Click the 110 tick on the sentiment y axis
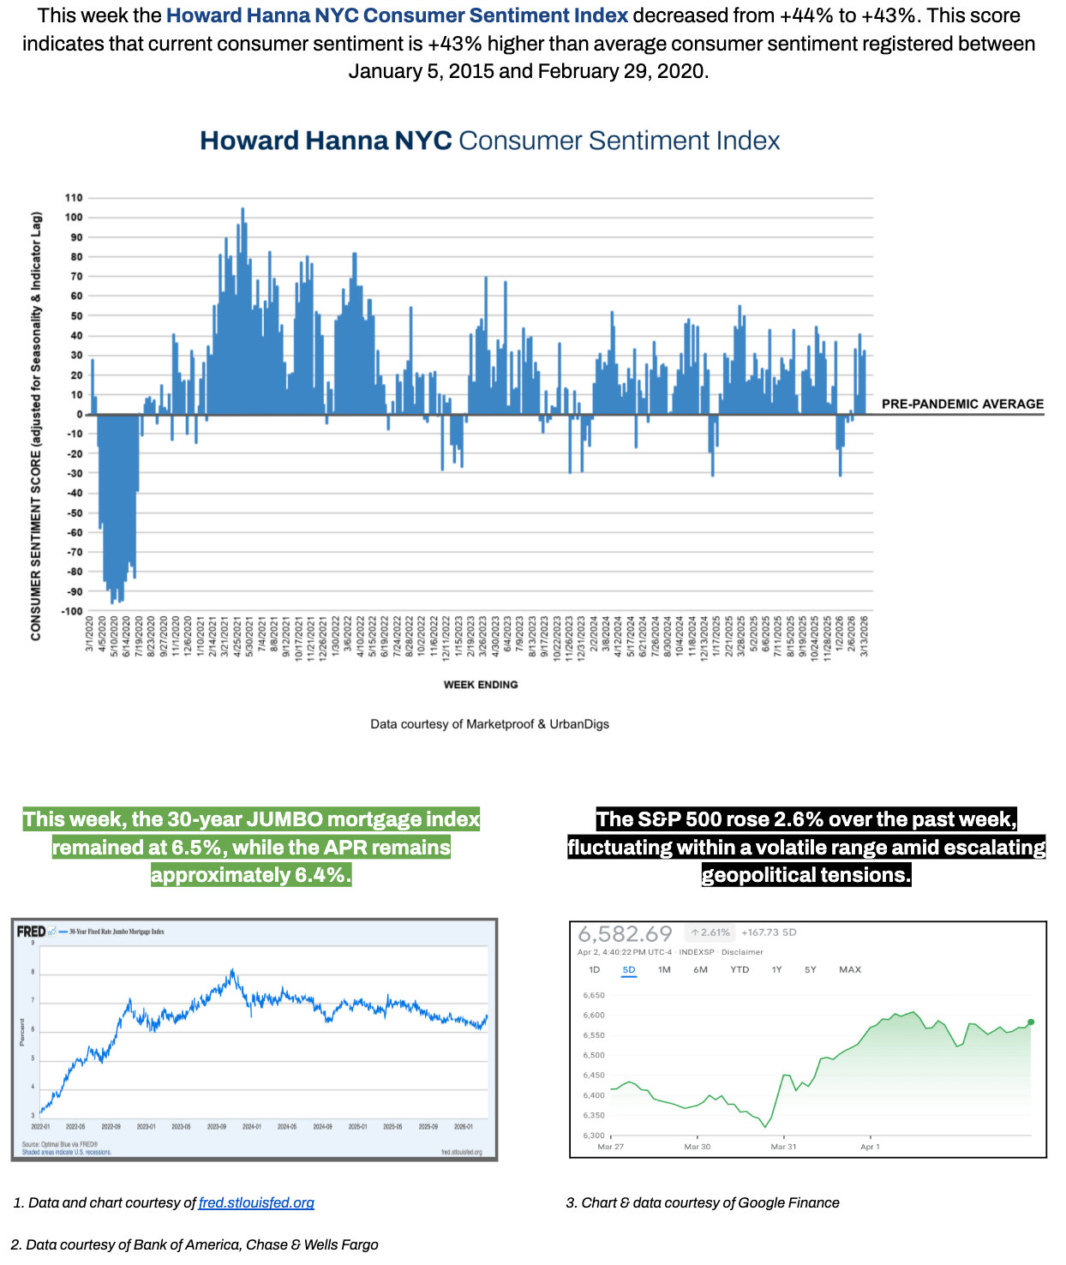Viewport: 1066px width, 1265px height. [x=74, y=198]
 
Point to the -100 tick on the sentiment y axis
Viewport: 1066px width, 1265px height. [x=72, y=611]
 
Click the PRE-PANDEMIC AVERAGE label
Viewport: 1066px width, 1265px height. [x=962, y=404]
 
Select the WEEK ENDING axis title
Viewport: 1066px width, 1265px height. [x=480, y=685]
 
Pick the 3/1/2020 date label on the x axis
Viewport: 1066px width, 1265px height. [x=90, y=634]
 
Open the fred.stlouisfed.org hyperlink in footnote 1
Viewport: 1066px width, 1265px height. [x=256, y=1202]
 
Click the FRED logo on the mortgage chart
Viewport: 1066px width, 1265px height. [x=32, y=932]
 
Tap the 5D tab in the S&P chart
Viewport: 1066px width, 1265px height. [x=629, y=970]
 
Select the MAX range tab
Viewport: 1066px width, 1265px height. [x=850, y=970]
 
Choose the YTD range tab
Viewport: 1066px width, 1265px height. [x=740, y=970]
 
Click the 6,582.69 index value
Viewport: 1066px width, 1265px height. [x=625, y=933]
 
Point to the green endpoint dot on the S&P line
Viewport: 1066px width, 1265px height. [x=1031, y=1022]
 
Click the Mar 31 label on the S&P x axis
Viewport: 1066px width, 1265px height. [x=783, y=1147]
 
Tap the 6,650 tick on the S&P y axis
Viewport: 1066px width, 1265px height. [x=594, y=996]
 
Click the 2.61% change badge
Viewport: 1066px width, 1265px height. [x=710, y=932]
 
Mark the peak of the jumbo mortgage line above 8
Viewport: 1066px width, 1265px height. [x=232, y=971]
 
